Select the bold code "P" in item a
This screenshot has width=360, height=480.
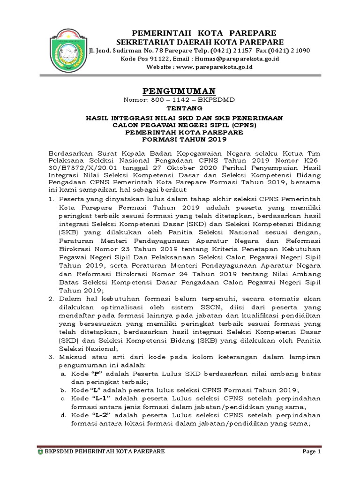pyautogui.click(x=97, y=374)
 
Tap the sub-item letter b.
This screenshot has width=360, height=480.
pyautogui.click(x=63, y=390)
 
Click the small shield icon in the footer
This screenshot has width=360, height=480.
pyautogui.click(x=40, y=451)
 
